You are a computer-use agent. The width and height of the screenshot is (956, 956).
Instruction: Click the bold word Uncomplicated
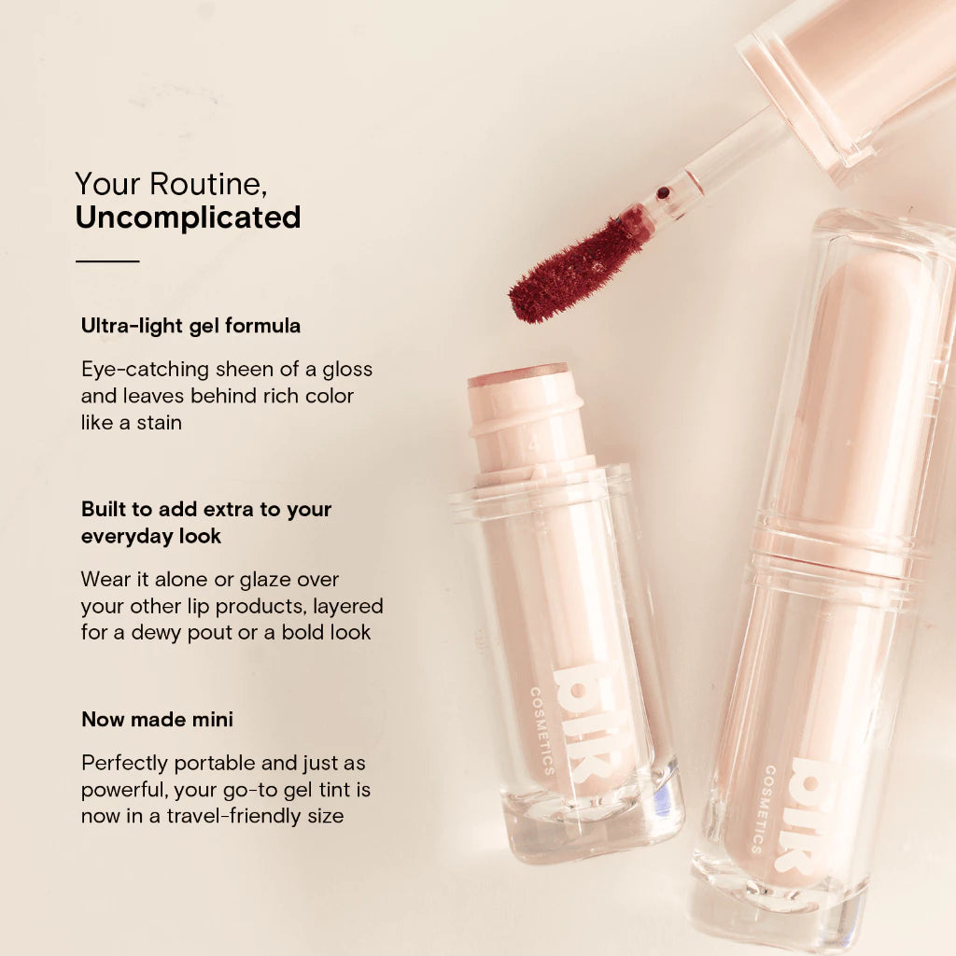pyautogui.click(x=188, y=218)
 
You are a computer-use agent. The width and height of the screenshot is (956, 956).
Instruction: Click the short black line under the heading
pyautogui.click(x=107, y=261)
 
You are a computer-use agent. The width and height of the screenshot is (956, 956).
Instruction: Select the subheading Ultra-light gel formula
pyautogui.click(x=190, y=326)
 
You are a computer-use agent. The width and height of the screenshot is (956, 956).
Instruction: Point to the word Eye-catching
pyautogui.click(x=145, y=370)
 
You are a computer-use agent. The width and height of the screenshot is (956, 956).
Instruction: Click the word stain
pyautogui.click(x=159, y=422)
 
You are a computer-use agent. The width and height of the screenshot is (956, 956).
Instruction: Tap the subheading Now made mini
pyautogui.click(x=157, y=720)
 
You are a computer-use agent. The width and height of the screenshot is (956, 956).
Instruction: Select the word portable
pyautogui.click(x=215, y=764)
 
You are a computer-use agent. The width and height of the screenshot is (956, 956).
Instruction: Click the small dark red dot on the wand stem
pyautogui.click(x=664, y=193)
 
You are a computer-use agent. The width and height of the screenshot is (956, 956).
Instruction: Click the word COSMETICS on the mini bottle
pyautogui.click(x=542, y=731)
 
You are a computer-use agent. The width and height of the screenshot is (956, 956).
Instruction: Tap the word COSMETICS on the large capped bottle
pyautogui.click(x=762, y=809)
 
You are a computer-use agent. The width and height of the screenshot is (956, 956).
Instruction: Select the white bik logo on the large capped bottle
pyautogui.click(x=805, y=817)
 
